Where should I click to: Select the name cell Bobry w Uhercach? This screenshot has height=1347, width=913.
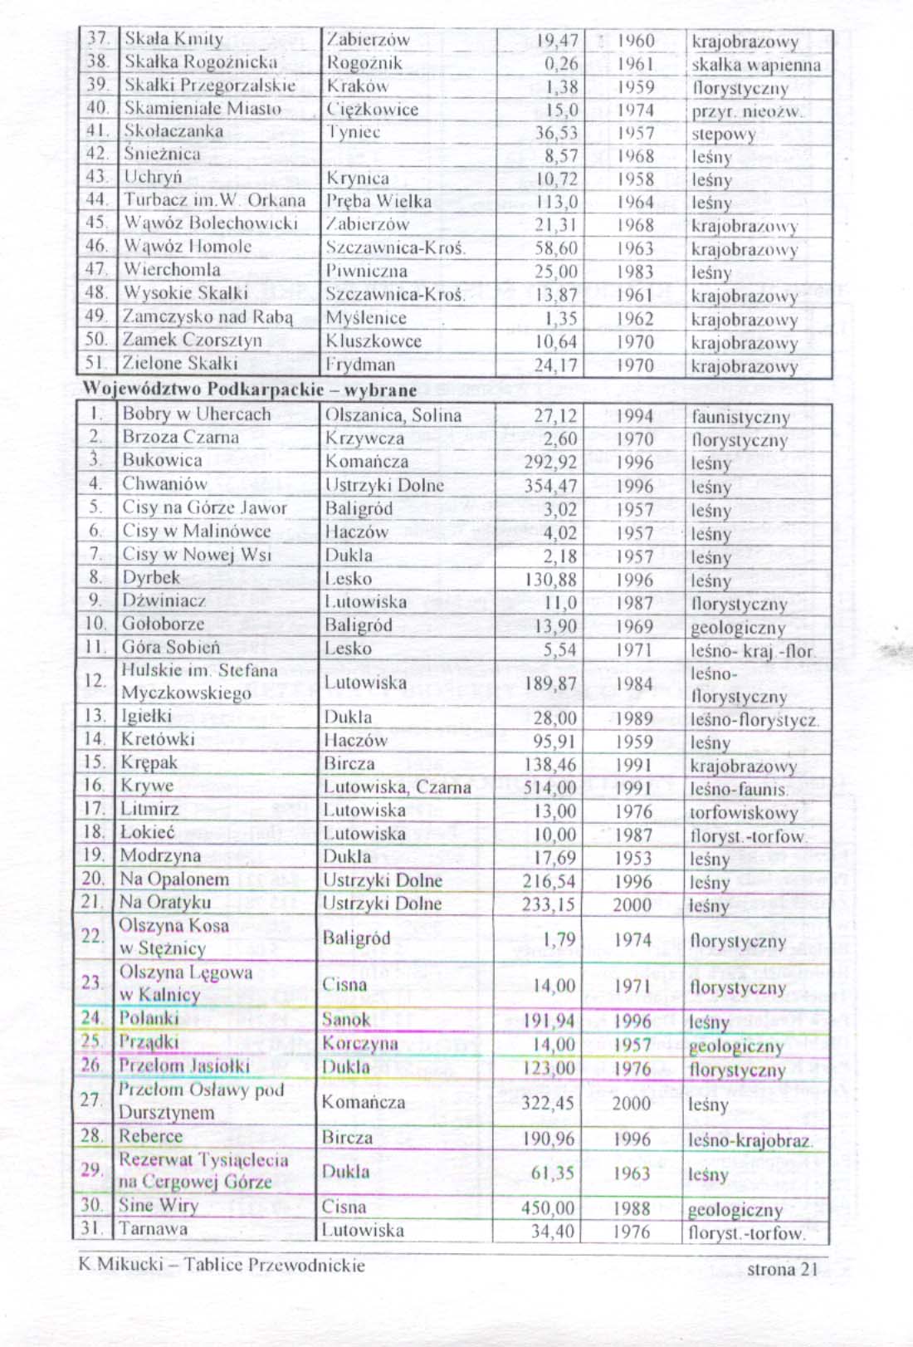pyautogui.click(x=197, y=414)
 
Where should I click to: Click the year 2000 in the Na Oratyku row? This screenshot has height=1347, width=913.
pyautogui.click(x=632, y=904)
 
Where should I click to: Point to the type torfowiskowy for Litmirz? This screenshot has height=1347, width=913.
pyautogui.click(x=743, y=812)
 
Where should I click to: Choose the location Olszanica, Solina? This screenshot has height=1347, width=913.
pyautogui.click(x=393, y=415)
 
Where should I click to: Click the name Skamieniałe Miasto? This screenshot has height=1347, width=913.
pyautogui.click(x=203, y=108)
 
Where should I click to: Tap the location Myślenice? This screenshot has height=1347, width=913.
pyautogui.click(x=365, y=318)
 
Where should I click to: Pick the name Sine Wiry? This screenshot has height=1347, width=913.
pyautogui.click(x=159, y=1205)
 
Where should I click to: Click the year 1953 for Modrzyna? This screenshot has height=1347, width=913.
pyautogui.click(x=633, y=858)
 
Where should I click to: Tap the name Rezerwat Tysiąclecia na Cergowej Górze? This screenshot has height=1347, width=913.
pyautogui.click(x=203, y=1170)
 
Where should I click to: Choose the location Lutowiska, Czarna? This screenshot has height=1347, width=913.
pyautogui.click(x=397, y=786)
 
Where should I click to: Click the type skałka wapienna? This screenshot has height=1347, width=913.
pyautogui.click(x=755, y=65)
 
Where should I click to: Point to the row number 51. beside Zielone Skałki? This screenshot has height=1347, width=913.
pyautogui.click(x=97, y=363)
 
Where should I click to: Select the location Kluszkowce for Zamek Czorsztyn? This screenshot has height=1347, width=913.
pyautogui.click(x=373, y=341)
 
